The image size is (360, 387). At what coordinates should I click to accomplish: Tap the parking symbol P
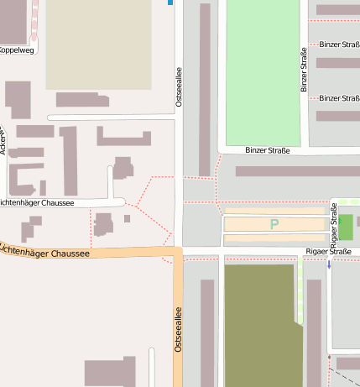coord(274,224)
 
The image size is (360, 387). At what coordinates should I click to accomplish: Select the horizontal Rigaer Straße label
coord(328,251)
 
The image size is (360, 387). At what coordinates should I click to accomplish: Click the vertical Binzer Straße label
coord(304,69)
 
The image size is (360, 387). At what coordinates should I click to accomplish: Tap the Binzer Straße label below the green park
coord(267,151)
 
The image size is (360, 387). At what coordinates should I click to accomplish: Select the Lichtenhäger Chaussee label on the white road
coord(37,202)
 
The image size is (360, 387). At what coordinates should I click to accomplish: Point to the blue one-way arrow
coord(329,264)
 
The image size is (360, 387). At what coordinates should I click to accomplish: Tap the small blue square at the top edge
coord(170,3)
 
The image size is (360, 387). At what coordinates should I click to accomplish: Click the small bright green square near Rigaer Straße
coord(345,225)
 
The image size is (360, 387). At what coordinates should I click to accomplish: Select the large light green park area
coord(262,71)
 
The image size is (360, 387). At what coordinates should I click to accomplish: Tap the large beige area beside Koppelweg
coord(98,44)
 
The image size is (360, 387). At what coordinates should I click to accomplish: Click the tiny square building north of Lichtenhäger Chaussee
coord(127,219)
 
